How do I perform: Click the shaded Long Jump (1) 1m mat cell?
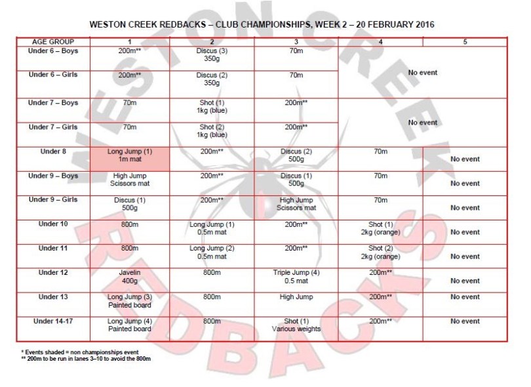pyautogui.click(x=129, y=159)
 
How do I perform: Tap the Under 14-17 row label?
pyautogui.click(x=53, y=321)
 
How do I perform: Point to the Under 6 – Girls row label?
pyautogui.click(x=53, y=74)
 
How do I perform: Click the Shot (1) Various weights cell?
pyautogui.click(x=296, y=325)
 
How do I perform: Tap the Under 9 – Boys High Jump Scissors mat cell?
pyautogui.click(x=129, y=180)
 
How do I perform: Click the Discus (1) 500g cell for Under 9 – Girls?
pyautogui.click(x=129, y=204)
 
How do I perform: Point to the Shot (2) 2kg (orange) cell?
pyautogui.click(x=380, y=253)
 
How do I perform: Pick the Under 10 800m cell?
pyautogui.click(x=129, y=224)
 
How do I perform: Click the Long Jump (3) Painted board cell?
pyautogui.click(x=129, y=300)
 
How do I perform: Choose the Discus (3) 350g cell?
pyautogui.click(x=212, y=54)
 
